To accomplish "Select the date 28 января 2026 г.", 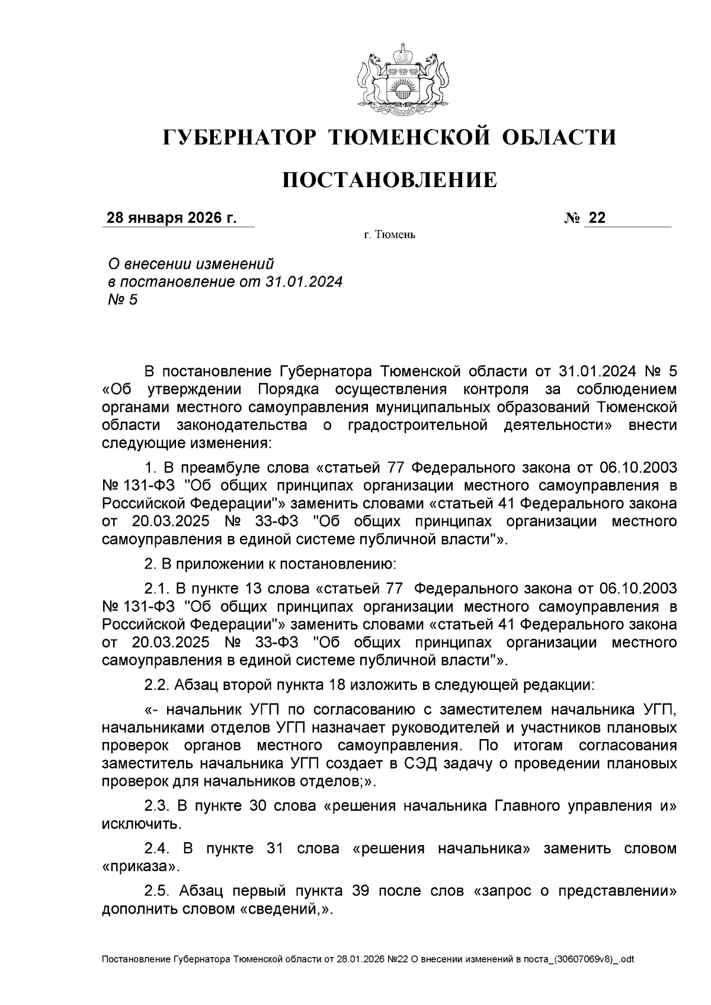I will click(171, 219).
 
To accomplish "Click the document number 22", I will click(597, 219).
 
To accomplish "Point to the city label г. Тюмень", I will click(389, 236).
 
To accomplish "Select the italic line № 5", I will click(121, 300).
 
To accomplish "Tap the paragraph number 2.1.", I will click(157, 589).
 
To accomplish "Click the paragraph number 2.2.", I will click(157, 685).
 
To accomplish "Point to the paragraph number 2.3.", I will click(157, 806).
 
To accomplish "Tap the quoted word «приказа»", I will click(140, 866).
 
